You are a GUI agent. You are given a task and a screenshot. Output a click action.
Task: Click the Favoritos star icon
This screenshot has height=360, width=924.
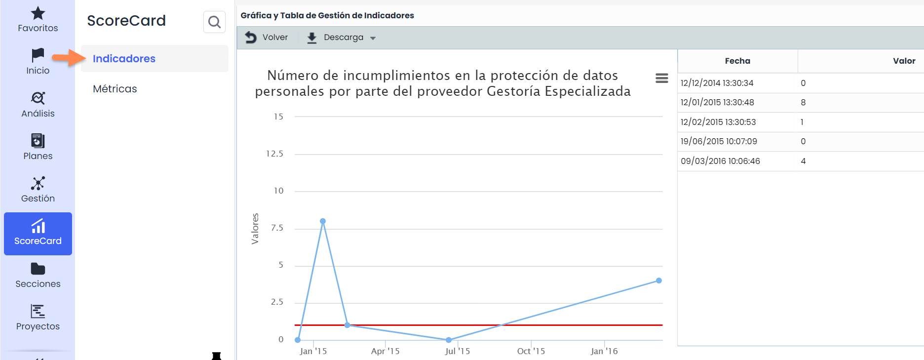tap(38, 13)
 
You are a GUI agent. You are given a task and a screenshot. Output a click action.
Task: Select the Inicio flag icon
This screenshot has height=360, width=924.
tap(38, 55)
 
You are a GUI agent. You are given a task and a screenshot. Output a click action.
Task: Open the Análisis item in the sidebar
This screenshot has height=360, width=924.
tap(38, 105)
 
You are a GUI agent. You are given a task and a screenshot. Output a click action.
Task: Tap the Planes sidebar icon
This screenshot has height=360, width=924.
tap(38, 141)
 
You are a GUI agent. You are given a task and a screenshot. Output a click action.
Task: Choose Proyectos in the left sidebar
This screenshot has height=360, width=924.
tap(38, 318)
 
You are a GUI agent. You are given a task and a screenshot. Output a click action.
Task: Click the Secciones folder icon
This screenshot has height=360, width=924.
tap(38, 269)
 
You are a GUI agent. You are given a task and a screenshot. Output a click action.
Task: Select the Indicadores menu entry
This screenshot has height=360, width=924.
tap(124, 59)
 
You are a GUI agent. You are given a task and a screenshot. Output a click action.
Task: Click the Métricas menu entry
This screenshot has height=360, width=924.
tap(115, 89)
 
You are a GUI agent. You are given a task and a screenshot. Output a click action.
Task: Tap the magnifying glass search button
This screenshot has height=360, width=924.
tap(214, 22)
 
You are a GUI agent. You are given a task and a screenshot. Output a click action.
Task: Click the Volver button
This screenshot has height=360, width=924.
tap(267, 38)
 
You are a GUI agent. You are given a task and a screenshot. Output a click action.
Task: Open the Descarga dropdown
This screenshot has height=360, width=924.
tap(342, 38)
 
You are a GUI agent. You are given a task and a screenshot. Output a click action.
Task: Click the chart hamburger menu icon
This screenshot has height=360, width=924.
tap(661, 78)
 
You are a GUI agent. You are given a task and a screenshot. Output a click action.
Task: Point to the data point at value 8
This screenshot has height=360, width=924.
tap(323, 221)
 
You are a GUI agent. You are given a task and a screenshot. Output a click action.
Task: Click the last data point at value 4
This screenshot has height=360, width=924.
tap(659, 280)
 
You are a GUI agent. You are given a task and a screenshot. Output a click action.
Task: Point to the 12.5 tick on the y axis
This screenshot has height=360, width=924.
tap(274, 154)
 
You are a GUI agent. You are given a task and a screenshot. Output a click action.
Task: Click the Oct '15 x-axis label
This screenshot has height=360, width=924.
tap(531, 351)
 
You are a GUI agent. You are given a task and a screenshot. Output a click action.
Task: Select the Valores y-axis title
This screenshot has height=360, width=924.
tap(255, 229)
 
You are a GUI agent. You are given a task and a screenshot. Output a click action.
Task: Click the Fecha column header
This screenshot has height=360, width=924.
tap(737, 61)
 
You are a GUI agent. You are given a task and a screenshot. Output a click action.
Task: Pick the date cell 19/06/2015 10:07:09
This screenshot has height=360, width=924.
tap(719, 142)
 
